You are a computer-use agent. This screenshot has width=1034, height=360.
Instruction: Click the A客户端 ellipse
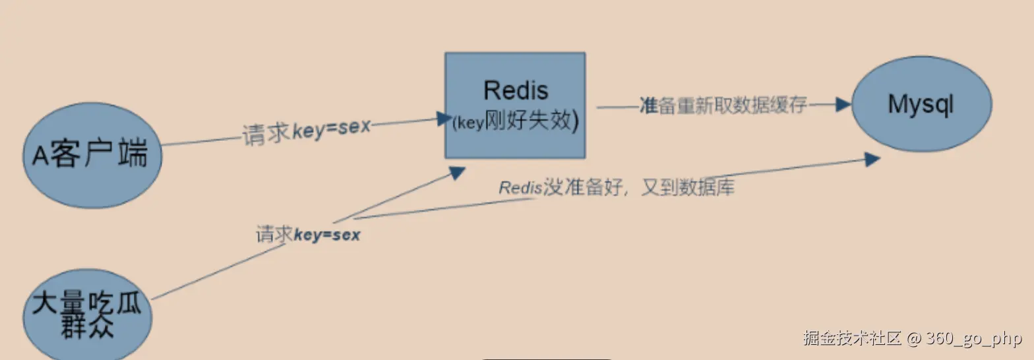point(92,155)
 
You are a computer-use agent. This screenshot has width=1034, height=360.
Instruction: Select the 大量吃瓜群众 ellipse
point(87,314)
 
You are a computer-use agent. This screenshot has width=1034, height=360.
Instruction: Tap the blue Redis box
point(515,105)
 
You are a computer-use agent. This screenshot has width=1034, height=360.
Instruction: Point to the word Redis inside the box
point(516,90)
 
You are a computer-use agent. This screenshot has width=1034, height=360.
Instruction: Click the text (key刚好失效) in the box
point(515,122)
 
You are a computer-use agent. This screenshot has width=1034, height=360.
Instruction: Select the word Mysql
point(921,104)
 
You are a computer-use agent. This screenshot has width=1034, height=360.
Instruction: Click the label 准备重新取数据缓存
point(723,105)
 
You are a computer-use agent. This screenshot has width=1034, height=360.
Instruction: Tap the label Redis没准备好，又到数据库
point(617,187)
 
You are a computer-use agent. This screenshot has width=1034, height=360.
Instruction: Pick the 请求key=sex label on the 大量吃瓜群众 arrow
point(309,234)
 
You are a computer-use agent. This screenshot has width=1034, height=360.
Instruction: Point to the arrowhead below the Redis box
point(457,172)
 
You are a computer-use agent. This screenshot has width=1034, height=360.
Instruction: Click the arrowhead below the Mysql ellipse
point(872,159)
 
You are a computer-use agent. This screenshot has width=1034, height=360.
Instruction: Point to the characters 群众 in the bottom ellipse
point(86,327)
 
